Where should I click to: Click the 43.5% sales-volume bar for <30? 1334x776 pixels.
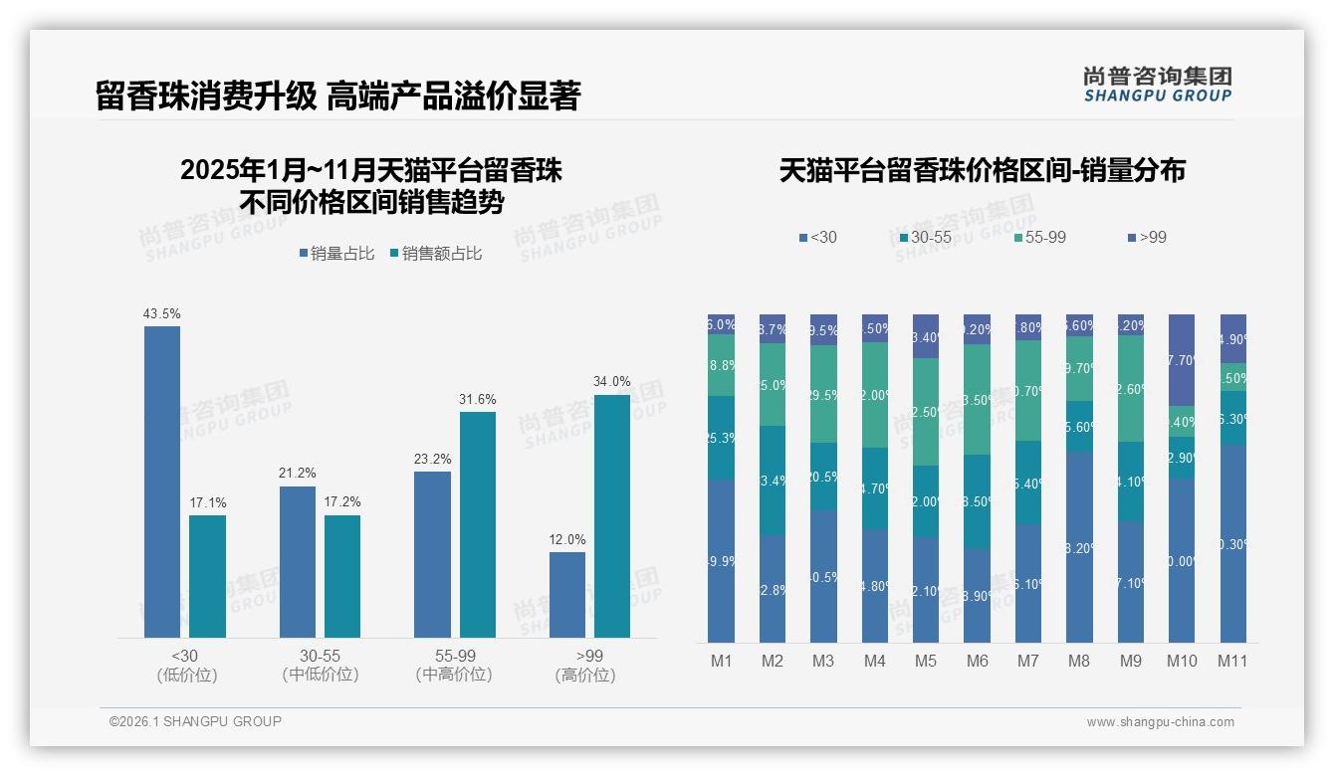coord(162,482)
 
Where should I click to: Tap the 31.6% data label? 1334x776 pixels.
coord(478,399)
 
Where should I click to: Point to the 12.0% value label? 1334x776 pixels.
coord(567,539)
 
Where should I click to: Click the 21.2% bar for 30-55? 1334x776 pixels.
coord(298,561)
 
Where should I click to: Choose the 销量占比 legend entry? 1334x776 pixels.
coord(336,254)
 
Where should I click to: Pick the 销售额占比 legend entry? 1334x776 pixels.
coord(436,254)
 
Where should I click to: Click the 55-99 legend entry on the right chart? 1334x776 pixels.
coord(1039,237)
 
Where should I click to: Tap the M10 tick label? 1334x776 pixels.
coord(1182,661)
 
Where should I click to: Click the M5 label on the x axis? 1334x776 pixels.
coord(926,661)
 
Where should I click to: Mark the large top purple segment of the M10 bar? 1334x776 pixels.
coord(1182,359)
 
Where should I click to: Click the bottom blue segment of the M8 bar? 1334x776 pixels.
coord(1079,546)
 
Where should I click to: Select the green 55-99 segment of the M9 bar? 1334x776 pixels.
coord(1130,388)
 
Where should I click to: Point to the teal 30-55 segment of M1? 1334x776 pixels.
coord(722,438)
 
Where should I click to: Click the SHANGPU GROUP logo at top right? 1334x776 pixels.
coord(1157,84)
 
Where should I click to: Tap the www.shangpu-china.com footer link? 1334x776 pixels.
coord(1160,722)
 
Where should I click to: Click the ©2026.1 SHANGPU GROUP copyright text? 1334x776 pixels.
coord(195,721)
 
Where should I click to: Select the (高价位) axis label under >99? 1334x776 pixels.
coord(585,675)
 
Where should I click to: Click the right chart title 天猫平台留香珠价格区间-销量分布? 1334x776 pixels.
coord(982,170)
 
